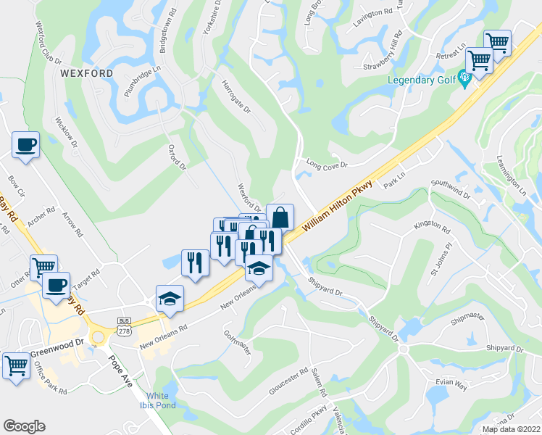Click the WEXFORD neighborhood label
(87, 74)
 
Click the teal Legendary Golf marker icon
(464, 79)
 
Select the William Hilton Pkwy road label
(336, 206)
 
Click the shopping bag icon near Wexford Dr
(280, 217)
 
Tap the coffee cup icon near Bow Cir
(26, 144)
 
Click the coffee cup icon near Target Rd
(56, 284)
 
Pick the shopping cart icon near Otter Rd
(43, 268)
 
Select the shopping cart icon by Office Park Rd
(17, 365)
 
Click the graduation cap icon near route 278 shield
(170, 299)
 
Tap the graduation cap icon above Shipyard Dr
(259, 268)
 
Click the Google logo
(24, 426)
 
